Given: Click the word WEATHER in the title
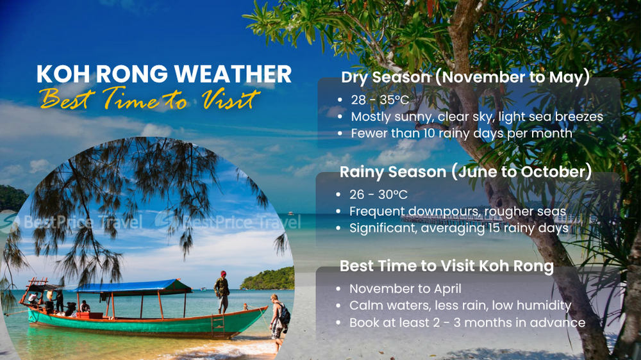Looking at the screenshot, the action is click(233, 74).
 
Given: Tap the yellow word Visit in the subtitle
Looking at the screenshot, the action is click(231, 99).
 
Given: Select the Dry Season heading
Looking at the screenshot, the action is click(465, 78).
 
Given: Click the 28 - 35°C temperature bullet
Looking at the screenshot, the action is click(379, 100).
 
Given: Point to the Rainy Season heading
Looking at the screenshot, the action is click(465, 172).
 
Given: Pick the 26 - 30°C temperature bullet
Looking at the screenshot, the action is click(378, 195).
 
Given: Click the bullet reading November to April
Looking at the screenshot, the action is click(405, 289).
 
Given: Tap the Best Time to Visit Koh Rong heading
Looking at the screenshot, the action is click(446, 266).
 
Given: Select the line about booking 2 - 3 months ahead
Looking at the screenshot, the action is click(467, 322).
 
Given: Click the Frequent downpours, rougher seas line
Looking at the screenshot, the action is click(458, 211).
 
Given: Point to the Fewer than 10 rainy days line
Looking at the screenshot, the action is click(462, 133).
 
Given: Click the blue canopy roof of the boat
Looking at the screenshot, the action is click(131, 286).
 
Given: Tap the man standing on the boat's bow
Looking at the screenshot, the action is click(222, 291).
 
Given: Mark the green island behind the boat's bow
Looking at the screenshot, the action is click(268, 279).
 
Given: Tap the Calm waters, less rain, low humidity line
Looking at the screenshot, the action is click(460, 306).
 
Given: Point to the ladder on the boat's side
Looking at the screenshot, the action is click(218, 325).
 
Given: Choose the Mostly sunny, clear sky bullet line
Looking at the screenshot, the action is click(477, 117).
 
